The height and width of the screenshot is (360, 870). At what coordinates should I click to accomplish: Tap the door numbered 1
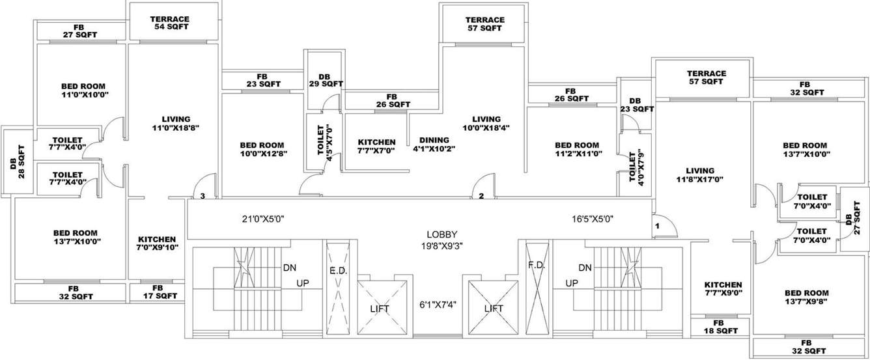click(658, 225)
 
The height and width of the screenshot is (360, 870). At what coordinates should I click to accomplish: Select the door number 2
click(481, 195)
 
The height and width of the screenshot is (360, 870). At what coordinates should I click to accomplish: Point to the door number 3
click(203, 195)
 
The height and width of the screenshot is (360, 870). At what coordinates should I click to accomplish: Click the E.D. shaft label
click(337, 269)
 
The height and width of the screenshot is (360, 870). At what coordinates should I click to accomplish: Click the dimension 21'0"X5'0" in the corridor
click(262, 219)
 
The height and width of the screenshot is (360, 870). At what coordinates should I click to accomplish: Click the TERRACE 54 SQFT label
click(169, 23)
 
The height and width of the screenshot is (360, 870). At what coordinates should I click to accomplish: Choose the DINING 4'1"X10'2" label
click(434, 144)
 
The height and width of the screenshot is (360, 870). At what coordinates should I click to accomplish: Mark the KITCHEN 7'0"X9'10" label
click(157, 243)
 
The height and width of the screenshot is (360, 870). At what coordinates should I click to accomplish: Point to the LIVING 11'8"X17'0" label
click(700, 174)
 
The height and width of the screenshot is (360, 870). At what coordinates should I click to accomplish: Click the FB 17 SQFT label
click(158, 292)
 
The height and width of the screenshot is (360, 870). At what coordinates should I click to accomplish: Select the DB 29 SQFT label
click(326, 79)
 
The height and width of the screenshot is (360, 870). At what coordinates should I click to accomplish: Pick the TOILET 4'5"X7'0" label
click(324, 142)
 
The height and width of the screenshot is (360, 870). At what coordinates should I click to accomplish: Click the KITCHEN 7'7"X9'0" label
click(723, 288)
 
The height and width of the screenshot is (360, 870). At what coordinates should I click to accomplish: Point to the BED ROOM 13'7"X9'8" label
click(806, 297)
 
